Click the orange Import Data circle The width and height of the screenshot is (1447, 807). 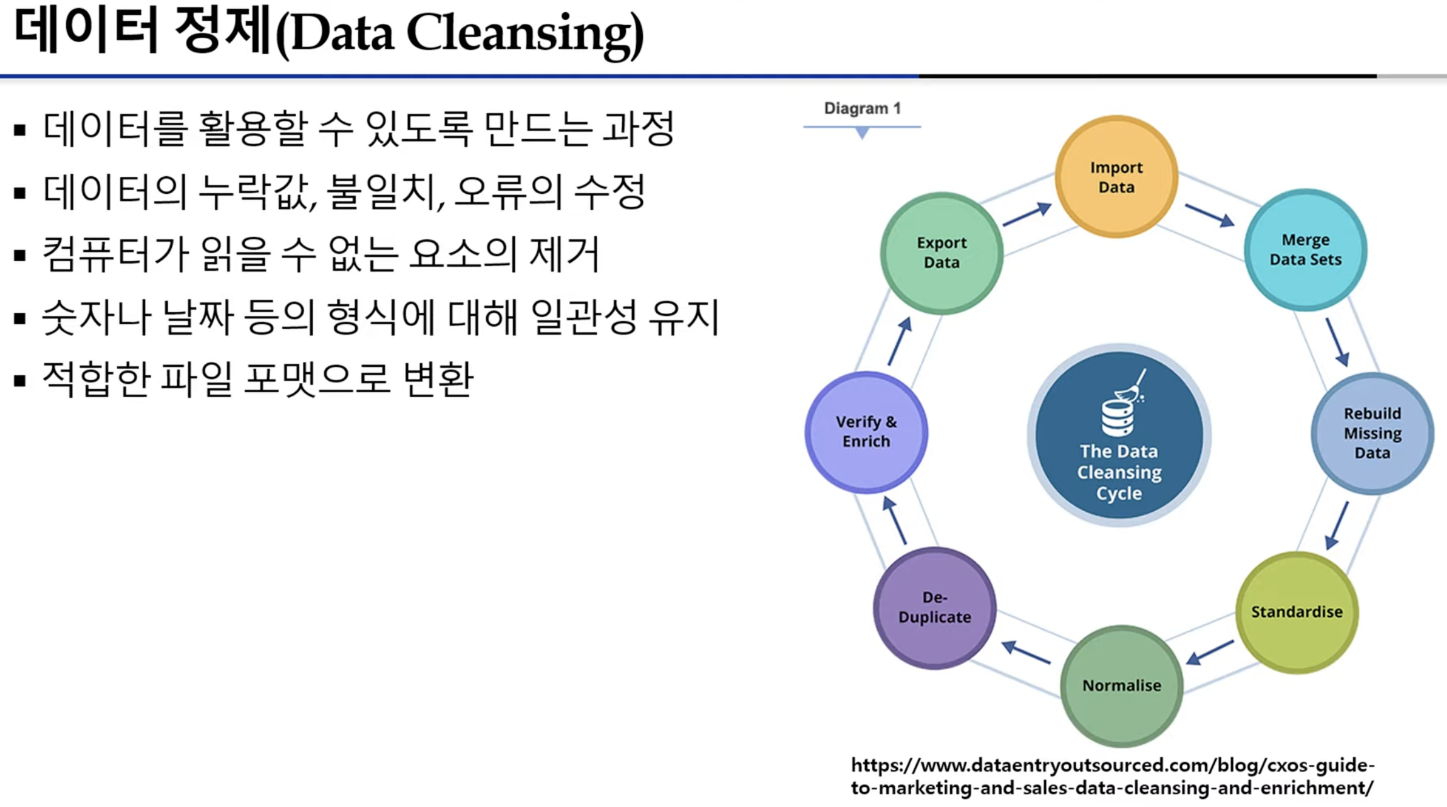(1116, 177)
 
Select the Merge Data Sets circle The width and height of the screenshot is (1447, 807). (1305, 250)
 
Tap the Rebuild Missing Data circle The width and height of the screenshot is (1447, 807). (1373, 433)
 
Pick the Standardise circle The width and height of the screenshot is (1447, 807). (1297, 612)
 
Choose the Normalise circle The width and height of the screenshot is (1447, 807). (1121, 686)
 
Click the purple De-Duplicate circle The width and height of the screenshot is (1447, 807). (934, 607)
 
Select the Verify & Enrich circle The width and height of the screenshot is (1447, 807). (866, 432)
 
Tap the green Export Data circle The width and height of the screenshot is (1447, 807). (941, 253)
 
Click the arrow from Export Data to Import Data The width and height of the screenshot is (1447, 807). (1027, 214)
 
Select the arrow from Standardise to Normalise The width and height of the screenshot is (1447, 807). (1210, 652)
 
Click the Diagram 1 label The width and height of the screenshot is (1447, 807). (862, 108)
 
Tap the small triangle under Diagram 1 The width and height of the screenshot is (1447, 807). (862, 133)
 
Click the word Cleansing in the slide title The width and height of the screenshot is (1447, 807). (525, 33)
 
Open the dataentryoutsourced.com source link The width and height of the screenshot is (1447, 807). (1113, 776)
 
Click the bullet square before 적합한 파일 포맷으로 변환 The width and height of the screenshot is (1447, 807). (20, 381)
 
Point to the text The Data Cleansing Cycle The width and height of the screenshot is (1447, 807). (1119, 472)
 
